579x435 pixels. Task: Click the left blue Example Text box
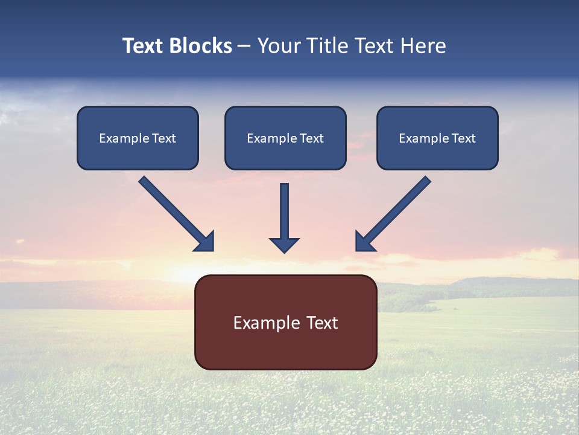(x=138, y=138)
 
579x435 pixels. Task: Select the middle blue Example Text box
(x=285, y=138)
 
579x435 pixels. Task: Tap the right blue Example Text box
(x=437, y=138)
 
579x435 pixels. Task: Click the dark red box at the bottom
(x=285, y=322)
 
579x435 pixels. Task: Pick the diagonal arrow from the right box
(x=393, y=213)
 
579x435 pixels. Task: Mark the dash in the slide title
(x=244, y=46)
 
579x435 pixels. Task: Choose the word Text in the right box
(x=464, y=138)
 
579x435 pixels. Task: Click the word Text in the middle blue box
(x=312, y=138)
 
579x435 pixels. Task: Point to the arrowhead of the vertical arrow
(x=284, y=244)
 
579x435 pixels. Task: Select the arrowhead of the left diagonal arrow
(x=205, y=242)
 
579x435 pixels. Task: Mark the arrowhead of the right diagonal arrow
(x=364, y=242)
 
